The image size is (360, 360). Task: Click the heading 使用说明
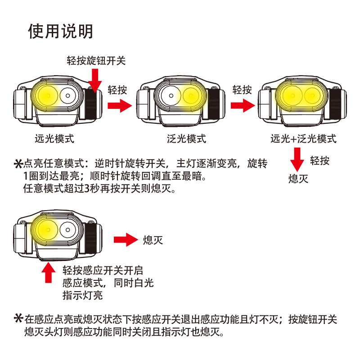(x=60, y=31)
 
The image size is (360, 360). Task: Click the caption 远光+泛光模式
(x=303, y=139)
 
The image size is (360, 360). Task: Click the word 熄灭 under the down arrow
(x=298, y=179)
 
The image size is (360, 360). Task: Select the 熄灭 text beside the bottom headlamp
(x=153, y=239)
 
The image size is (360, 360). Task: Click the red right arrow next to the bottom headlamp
(x=125, y=239)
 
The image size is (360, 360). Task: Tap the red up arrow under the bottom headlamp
(x=48, y=272)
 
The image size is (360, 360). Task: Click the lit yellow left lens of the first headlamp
(x=45, y=96)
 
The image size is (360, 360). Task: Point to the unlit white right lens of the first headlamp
(x=68, y=96)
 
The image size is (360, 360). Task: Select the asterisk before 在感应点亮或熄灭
(x=18, y=319)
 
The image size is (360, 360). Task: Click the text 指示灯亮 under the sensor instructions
(x=82, y=296)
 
